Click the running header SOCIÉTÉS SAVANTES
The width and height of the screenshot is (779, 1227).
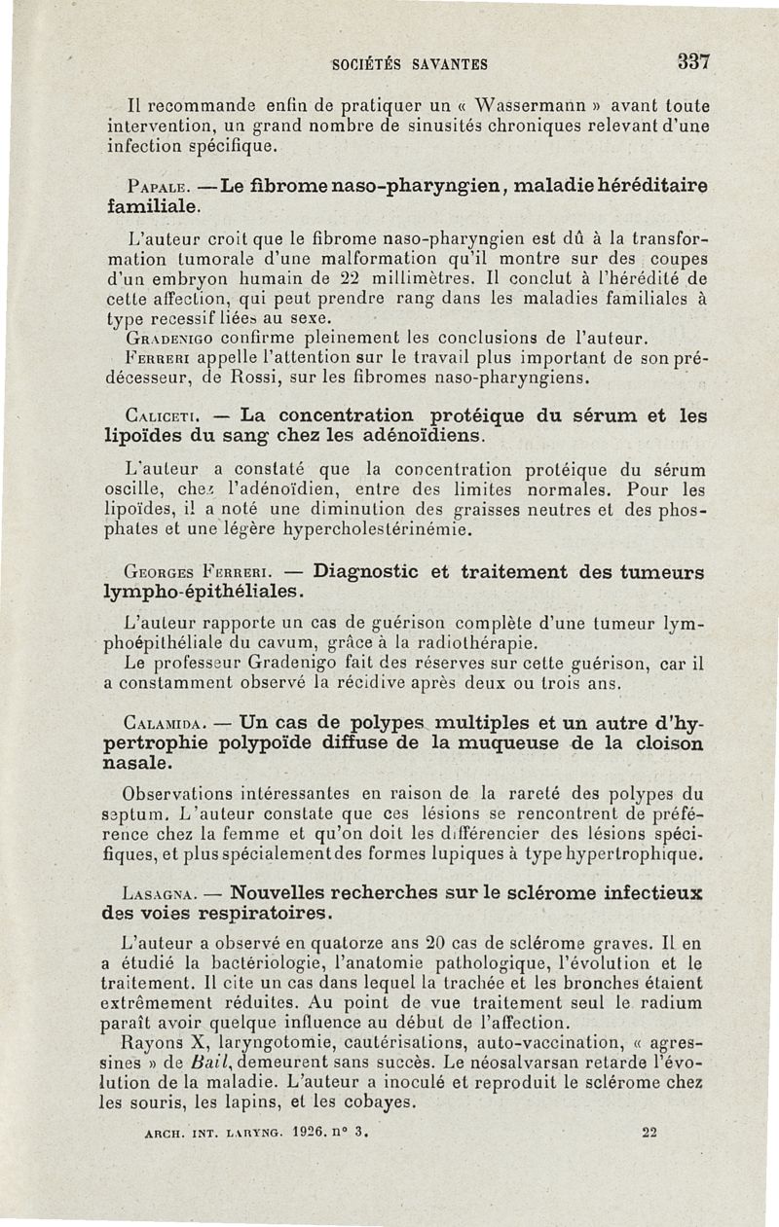(409, 65)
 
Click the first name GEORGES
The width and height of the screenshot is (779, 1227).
(159, 572)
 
